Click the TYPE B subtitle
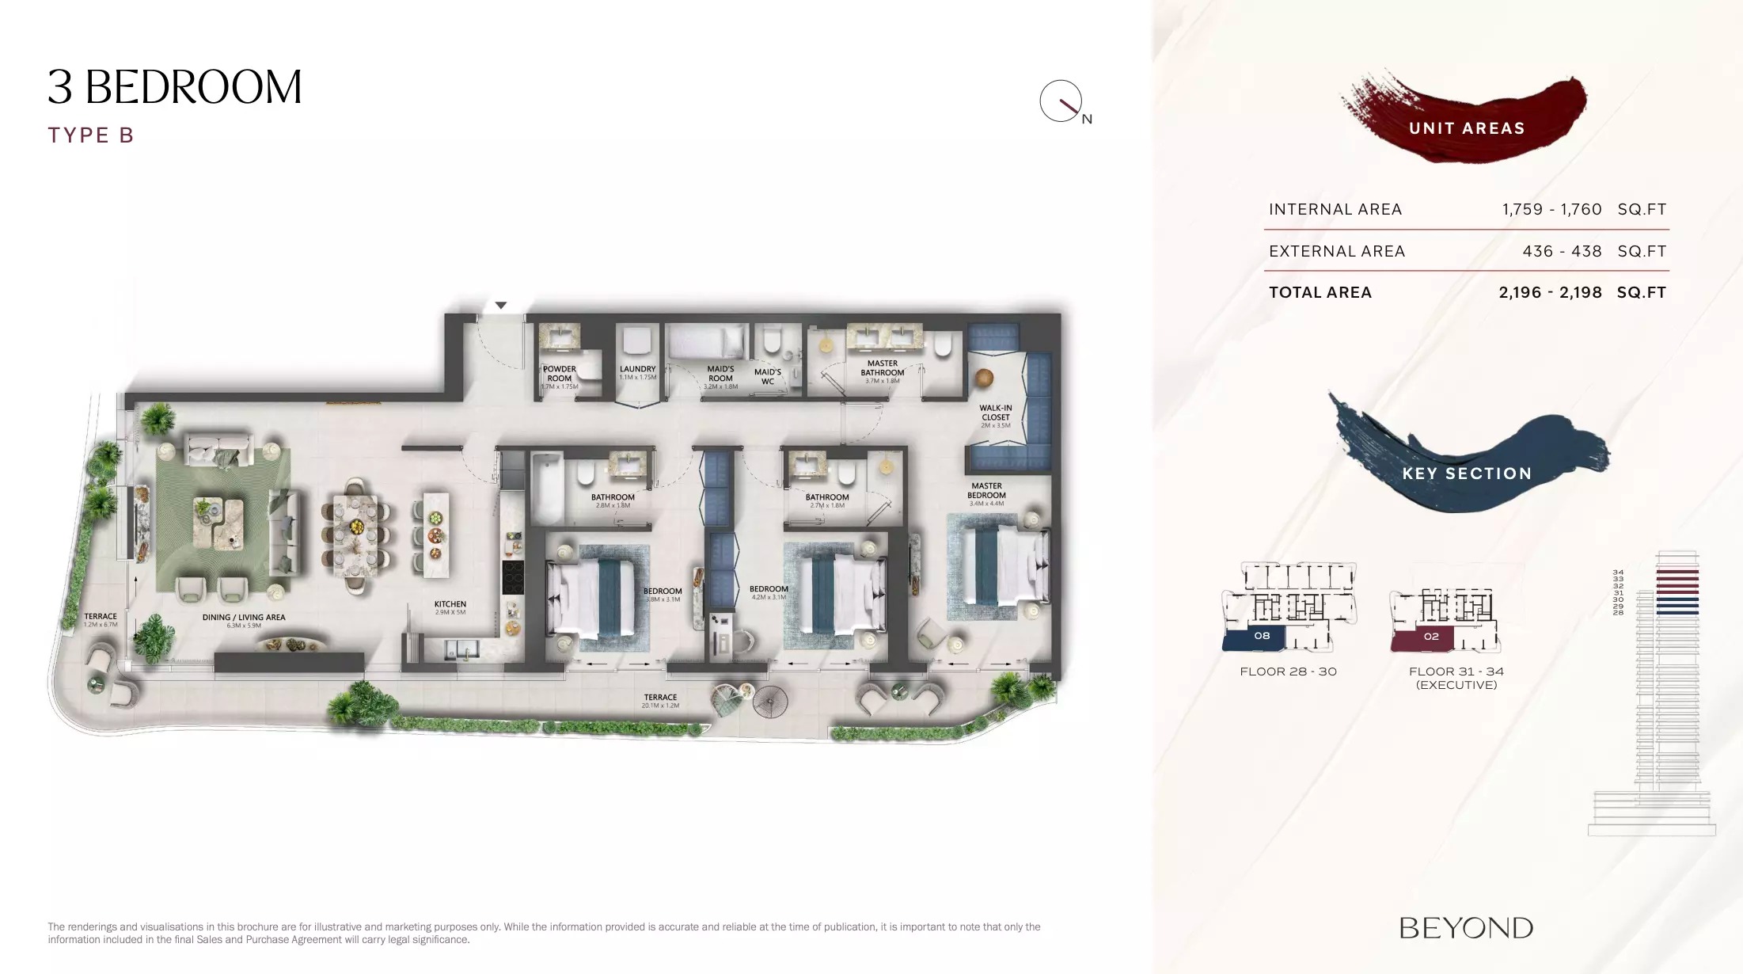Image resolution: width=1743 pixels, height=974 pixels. (91, 135)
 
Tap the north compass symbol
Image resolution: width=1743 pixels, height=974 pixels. (1061, 101)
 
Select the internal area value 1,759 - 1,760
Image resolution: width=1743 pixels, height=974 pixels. (1551, 210)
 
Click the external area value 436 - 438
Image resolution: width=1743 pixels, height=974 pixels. (1562, 252)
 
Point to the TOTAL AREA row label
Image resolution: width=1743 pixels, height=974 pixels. (1320, 293)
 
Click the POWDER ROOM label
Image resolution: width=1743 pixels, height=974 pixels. (560, 374)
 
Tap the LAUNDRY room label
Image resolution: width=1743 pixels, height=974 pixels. (637, 370)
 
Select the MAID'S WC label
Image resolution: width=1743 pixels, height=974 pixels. (767, 377)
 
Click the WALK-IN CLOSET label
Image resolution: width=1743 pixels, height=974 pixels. (995, 413)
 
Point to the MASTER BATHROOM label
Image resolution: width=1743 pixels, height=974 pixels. (882, 368)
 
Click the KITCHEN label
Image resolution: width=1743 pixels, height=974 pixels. (450, 605)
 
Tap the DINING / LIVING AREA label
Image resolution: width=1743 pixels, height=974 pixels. (244, 618)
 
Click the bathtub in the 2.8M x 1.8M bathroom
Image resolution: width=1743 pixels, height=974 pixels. (546, 488)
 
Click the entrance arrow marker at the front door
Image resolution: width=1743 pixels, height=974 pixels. (500, 306)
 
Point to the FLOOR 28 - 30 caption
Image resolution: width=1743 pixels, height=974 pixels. (1288, 672)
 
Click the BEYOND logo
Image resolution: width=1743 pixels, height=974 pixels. (1466, 928)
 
